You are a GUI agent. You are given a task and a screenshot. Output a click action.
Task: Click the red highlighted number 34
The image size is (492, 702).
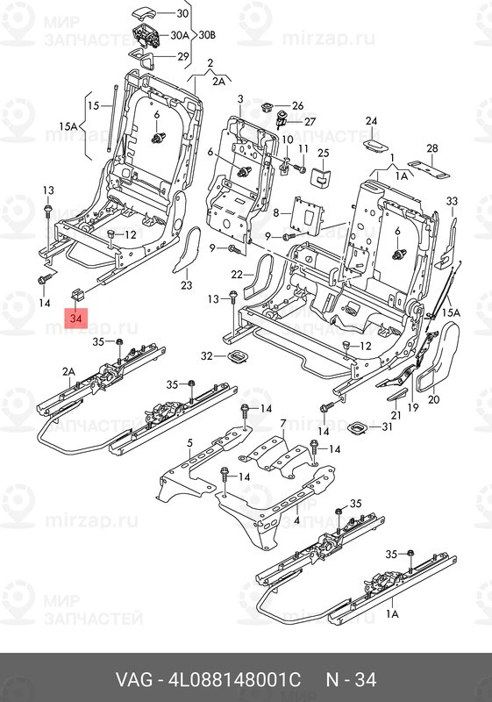[76, 319]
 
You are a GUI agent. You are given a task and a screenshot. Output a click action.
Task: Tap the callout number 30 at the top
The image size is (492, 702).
[182, 13]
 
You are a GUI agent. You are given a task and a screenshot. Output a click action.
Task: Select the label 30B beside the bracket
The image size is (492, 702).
[207, 34]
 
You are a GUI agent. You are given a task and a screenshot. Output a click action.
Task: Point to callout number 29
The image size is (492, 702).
[183, 56]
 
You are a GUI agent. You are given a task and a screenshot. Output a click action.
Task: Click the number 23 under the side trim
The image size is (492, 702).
[187, 285]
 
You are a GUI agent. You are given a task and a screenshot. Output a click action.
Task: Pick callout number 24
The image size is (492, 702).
[371, 121]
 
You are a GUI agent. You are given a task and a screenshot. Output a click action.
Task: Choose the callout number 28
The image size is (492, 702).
[432, 148]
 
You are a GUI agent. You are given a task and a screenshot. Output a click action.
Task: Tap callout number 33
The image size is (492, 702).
[453, 201]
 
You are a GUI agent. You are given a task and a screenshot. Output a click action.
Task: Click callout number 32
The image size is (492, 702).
[207, 356]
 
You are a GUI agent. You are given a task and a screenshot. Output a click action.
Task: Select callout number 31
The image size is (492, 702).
[387, 427]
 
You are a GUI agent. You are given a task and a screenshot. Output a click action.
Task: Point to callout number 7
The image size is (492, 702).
[282, 424]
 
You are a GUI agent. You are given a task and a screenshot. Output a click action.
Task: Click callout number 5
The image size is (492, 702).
[189, 443]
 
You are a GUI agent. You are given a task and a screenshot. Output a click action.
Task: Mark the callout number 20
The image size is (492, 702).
[434, 399]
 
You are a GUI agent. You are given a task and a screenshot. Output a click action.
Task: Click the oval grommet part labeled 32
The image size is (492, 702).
[237, 356]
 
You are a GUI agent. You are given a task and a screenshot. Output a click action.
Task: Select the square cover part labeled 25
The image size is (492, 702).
[320, 176]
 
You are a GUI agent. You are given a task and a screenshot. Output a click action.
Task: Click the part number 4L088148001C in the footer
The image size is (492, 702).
[234, 679]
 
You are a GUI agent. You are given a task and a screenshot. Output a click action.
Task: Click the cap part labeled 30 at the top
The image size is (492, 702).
[143, 14]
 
